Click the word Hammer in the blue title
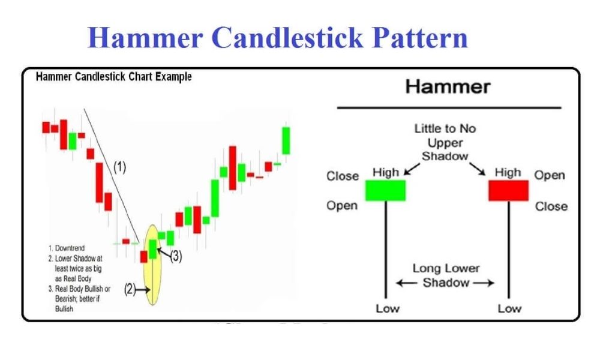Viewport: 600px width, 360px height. coord(145,38)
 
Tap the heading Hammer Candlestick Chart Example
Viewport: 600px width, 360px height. coord(113,77)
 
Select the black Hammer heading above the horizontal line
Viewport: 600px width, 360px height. coord(448,86)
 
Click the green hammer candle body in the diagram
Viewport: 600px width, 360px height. coord(385,190)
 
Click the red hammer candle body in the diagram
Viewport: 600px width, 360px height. coord(508,190)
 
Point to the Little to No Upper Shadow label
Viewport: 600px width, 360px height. coord(445,142)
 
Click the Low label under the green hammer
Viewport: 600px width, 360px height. coord(387,308)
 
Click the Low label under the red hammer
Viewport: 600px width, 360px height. coord(509,308)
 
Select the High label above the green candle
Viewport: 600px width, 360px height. coord(386,173)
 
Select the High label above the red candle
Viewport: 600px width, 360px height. coord(508,173)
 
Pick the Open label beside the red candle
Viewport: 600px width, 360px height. coord(550,175)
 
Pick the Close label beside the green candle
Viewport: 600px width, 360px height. coord(342,176)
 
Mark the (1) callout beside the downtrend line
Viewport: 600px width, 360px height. coord(119,167)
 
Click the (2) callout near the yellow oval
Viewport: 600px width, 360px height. coord(130,289)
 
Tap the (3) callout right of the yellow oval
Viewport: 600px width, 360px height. coord(175,256)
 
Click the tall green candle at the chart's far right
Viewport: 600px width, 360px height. coord(287,140)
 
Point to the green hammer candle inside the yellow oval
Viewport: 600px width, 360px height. coord(153,248)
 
